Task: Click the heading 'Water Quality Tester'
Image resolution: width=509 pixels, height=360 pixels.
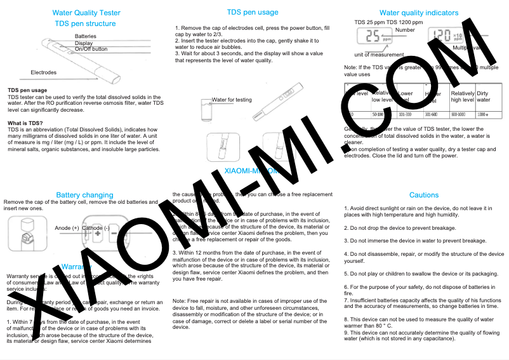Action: coord(86,13)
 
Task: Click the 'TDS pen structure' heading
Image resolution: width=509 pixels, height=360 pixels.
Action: coord(85,23)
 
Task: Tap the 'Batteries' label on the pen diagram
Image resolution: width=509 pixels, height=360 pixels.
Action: coord(85,36)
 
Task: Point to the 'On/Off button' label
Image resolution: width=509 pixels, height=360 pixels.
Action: coord(91,49)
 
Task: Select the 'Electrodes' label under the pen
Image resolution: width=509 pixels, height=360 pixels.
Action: coord(43,72)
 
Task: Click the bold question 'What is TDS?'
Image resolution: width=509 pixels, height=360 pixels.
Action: coord(25,123)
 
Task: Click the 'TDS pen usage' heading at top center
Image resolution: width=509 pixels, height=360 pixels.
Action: coord(252,12)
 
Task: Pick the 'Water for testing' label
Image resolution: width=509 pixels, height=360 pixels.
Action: coord(232,100)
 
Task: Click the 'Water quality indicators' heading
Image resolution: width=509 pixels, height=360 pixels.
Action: coord(418,13)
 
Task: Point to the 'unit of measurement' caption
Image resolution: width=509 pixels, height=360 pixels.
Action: coord(380,55)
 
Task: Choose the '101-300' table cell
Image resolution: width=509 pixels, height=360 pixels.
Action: coord(405,114)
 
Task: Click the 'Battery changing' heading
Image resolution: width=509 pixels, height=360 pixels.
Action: coord(84,195)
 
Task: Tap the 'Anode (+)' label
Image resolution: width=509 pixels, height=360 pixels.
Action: coord(67,227)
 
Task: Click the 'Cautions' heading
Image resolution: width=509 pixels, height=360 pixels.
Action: coord(423,195)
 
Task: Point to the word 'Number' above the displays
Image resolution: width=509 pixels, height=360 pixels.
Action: coord(405,30)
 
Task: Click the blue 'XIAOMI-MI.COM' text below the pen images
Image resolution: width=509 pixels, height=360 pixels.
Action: coord(251,171)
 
